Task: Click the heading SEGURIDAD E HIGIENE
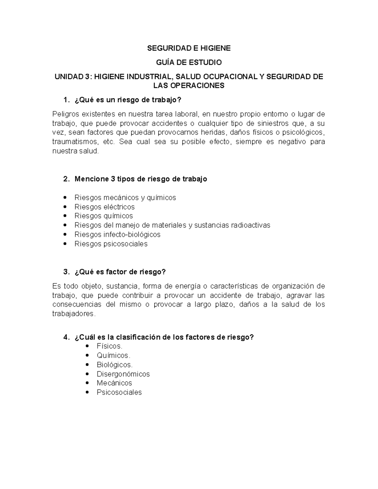click(189, 48)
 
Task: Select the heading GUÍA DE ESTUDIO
click(189, 62)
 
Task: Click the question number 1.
click(66, 100)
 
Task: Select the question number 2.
click(66, 179)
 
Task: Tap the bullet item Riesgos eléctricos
click(105, 207)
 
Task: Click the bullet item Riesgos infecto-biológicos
click(117, 235)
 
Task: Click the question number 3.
click(66, 272)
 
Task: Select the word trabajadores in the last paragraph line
click(73, 314)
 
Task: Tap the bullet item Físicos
click(109, 346)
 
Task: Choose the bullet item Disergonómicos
click(123, 374)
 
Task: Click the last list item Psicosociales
click(119, 392)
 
